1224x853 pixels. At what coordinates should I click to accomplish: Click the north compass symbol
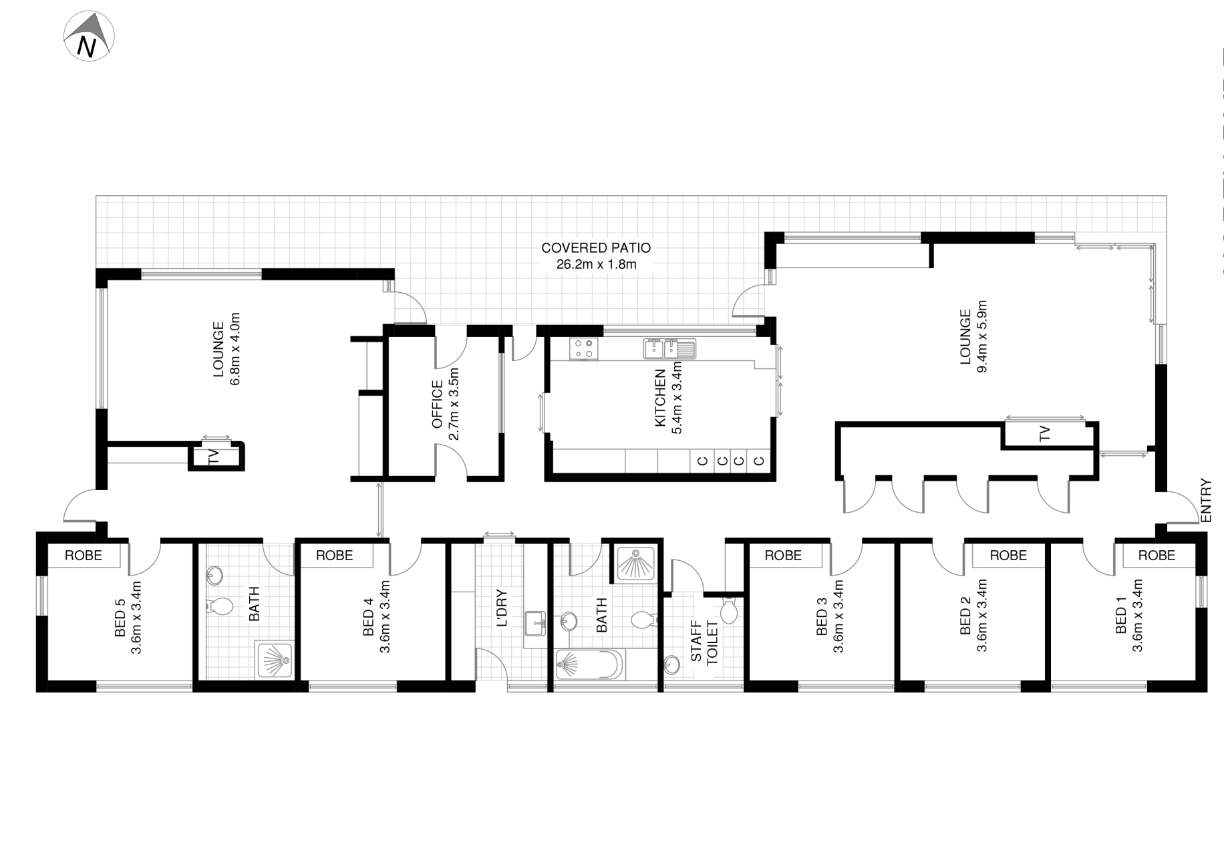[x=89, y=36]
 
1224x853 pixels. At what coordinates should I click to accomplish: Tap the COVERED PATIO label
[x=596, y=248]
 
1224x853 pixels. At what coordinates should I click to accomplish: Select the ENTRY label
[x=1205, y=500]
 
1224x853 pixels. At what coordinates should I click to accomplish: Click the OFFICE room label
[x=438, y=404]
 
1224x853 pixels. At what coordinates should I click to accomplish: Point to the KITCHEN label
[x=660, y=398]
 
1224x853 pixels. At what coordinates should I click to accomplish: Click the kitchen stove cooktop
[x=583, y=348]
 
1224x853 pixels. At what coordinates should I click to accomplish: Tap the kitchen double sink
[x=669, y=348]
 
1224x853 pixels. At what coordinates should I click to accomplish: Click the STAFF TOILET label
[x=704, y=642]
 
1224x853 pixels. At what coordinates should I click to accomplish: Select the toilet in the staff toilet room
[x=728, y=610]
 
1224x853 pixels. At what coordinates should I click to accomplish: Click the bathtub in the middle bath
[x=589, y=664]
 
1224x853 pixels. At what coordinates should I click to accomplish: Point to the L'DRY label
[x=502, y=608]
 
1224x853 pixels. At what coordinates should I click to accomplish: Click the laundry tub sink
[x=535, y=623]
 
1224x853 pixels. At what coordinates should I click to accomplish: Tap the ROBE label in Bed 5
[x=84, y=555]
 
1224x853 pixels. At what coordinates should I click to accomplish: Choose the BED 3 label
[x=822, y=616]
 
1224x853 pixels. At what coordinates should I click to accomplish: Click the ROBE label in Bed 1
[x=1157, y=555]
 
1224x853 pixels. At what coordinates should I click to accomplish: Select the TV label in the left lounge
[x=214, y=457]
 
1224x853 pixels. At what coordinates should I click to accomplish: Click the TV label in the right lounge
[x=1045, y=434]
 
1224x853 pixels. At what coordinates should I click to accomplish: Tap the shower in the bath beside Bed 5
[x=273, y=660]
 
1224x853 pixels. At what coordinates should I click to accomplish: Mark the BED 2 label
[x=965, y=616]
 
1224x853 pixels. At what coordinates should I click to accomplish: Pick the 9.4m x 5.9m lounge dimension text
[x=981, y=336]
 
